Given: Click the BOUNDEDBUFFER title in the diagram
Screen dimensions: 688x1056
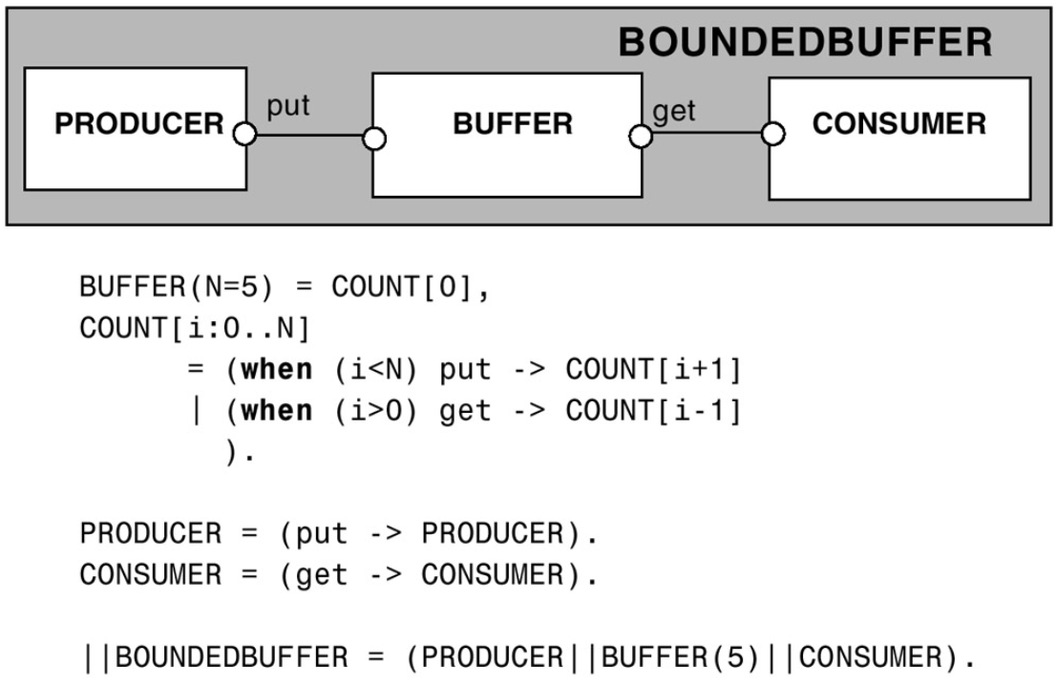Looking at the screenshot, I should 805,43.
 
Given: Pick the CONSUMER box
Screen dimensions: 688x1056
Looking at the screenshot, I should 899,138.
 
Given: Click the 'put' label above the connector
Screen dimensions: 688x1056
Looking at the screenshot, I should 287,107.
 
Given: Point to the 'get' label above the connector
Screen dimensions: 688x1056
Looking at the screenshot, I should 674,112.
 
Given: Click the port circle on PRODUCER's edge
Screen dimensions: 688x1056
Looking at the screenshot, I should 245,135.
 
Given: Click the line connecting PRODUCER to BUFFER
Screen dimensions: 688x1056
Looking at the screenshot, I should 309,136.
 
